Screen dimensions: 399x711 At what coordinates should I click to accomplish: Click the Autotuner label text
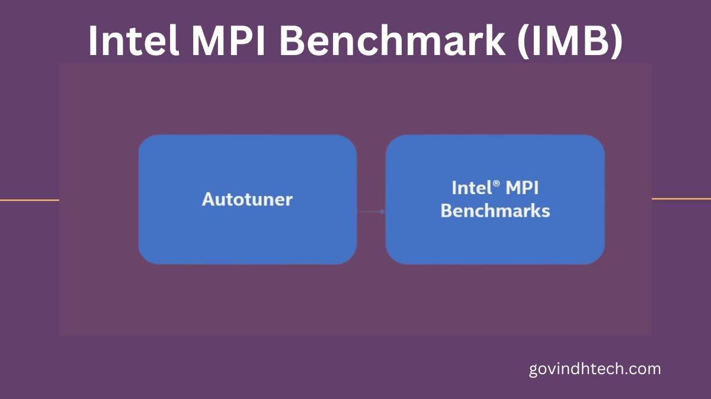click(x=247, y=199)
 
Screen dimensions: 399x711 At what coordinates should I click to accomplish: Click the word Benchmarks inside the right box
click(x=495, y=211)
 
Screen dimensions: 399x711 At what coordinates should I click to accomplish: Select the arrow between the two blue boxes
click(x=371, y=211)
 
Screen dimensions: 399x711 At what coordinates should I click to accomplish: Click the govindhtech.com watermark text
click(x=594, y=369)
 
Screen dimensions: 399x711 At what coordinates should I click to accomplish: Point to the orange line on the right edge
click(x=681, y=199)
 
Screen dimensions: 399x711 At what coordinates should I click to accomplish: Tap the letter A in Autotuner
click(x=208, y=199)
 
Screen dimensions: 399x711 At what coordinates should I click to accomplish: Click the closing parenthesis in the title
click(x=616, y=41)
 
